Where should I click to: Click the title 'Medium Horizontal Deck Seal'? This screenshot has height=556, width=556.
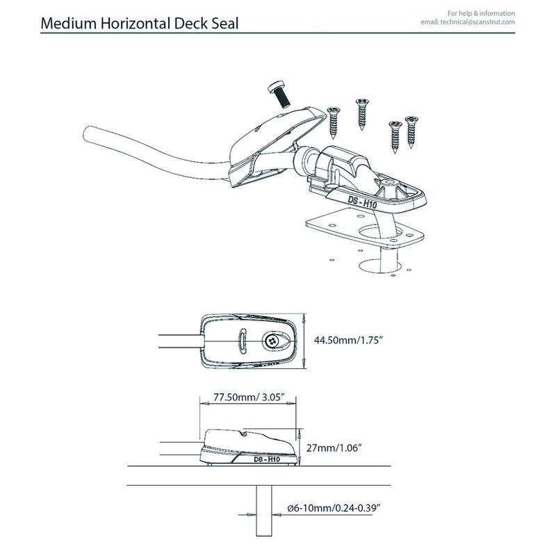[140, 24]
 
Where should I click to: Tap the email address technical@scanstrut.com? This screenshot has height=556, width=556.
[468, 22]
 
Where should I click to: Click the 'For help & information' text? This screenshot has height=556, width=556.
[481, 13]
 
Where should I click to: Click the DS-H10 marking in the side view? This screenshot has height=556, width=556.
[266, 459]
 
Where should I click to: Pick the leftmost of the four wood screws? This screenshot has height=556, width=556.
[332, 122]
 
